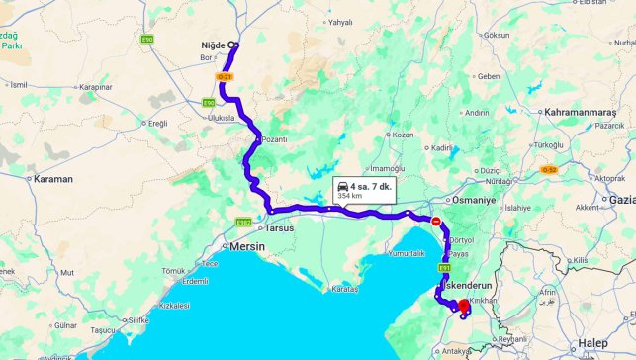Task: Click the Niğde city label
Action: [214, 45]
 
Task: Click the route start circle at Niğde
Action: [233, 45]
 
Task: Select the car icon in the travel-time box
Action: [342, 186]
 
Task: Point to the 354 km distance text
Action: [351, 196]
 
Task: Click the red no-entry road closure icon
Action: [436, 222]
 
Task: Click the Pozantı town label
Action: [274, 139]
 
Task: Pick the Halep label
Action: [593, 342]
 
